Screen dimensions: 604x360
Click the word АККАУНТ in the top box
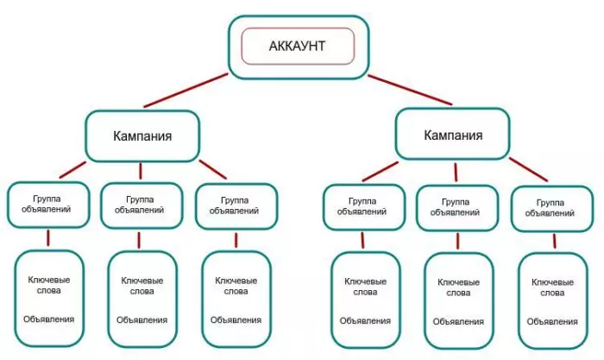click(x=297, y=46)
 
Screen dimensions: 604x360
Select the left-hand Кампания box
click(x=142, y=136)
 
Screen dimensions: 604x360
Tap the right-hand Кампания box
click(x=453, y=134)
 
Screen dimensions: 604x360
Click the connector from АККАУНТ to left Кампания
click(x=186, y=90)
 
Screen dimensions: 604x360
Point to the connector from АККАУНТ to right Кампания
click(x=410, y=90)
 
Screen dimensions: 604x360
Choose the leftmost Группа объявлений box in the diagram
click(x=48, y=205)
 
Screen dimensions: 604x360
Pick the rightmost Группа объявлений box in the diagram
click(x=552, y=209)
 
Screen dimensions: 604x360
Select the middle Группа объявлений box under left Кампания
click(x=142, y=205)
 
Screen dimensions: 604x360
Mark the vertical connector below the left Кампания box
click(x=140, y=171)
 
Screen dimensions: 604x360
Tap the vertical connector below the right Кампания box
click(x=456, y=172)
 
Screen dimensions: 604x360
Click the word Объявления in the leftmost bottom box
click(x=48, y=319)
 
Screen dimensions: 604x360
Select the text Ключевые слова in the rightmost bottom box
click(x=552, y=287)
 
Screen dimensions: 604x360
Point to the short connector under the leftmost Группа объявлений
click(x=48, y=237)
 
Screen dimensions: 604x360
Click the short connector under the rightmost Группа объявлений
click(x=554, y=241)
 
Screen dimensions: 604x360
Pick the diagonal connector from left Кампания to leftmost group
click(x=72, y=170)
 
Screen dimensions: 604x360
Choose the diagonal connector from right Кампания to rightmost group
click(x=528, y=169)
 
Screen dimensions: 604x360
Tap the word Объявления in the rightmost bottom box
click(x=552, y=321)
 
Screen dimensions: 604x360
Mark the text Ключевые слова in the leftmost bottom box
click(x=49, y=285)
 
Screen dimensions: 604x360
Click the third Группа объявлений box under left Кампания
click(x=236, y=206)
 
